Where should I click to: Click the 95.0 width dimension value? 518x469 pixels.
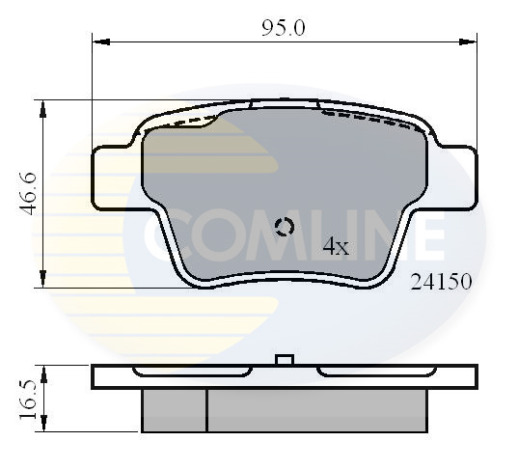(x=285, y=28)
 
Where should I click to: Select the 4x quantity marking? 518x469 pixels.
(x=335, y=246)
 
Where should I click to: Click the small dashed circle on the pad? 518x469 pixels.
(x=285, y=228)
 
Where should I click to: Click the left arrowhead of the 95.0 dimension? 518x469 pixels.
(x=97, y=41)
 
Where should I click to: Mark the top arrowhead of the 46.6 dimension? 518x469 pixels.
(x=41, y=105)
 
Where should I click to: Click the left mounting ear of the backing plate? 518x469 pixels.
(x=117, y=179)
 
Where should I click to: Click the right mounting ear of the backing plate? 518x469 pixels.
(x=453, y=179)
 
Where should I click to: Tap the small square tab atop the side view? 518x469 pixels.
(x=284, y=360)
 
